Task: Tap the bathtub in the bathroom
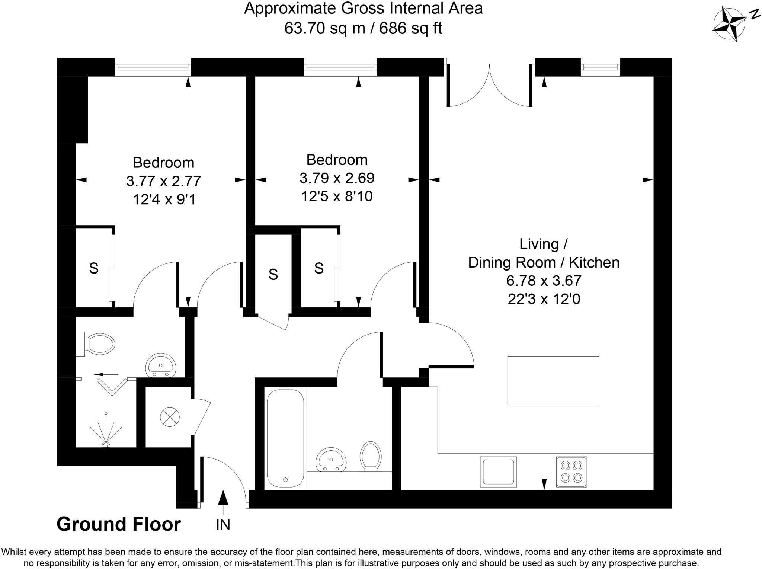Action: pos(285,438)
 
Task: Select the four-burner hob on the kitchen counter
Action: pos(571,471)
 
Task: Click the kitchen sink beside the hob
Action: pos(498,471)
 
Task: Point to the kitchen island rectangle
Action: pos(553,380)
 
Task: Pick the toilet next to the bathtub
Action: pos(371,456)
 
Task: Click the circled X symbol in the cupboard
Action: pos(170,417)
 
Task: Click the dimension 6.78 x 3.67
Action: pos(544,281)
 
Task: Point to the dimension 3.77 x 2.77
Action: pos(163,181)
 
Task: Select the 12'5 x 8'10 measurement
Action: pos(337,196)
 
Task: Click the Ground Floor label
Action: pos(119,524)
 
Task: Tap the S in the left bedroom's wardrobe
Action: pos(94,268)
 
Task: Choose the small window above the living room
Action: pos(600,67)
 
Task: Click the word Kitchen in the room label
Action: pos(594,262)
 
